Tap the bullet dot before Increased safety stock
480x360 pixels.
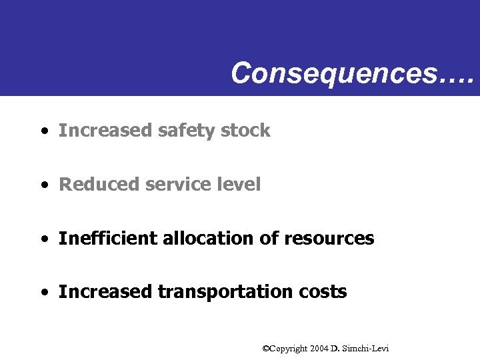(x=43, y=131)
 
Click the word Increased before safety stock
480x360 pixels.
(x=105, y=131)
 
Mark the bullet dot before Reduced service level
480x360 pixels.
(x=43, y=185)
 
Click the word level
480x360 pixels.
(x=240, y=185)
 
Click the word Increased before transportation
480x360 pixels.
(x=105, y=292)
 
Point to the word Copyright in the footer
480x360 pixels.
(x=288, y=348)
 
